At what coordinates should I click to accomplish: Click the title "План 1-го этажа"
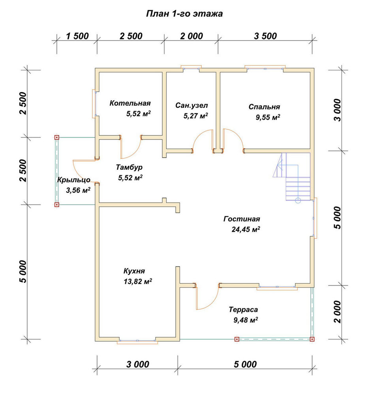coord(184,13)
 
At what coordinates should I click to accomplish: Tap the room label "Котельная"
coord(130,103)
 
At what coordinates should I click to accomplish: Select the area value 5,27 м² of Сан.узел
coord(196,116)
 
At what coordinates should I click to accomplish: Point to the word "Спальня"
coord(264,107)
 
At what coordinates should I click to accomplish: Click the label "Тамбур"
coord(129,167)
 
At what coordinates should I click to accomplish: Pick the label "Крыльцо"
coord(74,180)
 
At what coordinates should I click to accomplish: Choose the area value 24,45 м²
coord(246,229)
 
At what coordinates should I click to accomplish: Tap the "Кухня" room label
coord(134,271)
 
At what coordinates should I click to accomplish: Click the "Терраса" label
coord(243,309)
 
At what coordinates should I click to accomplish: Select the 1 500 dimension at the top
coord(77,36)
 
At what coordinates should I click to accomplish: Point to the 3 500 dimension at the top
coord(265,36)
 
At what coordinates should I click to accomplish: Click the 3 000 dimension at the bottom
coord(138,364)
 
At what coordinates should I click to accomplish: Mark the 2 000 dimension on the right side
coord(337,312)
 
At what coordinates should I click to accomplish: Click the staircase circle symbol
coord(298,201)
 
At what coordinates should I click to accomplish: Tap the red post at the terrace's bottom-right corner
coord(312,339)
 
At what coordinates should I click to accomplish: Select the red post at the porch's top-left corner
coord(57,137)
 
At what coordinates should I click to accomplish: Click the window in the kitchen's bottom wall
coord(137,341)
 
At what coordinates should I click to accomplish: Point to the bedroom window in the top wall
coord(265,68)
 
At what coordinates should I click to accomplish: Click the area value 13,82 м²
coord(138,281)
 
